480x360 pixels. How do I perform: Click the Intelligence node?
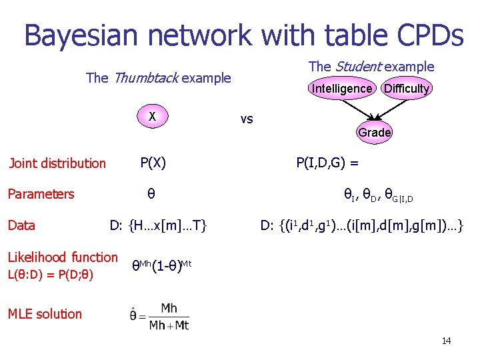tap(342, 88)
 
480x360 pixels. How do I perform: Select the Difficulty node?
tap(407, 88)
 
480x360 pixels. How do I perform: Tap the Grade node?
tap(374, 132)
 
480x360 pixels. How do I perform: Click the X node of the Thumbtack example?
tap(153, 117)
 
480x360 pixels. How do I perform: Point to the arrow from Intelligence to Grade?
tap(358, 109)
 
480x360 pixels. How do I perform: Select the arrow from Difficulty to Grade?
tap(392, 109)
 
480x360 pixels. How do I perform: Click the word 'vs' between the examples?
tap(247, 119)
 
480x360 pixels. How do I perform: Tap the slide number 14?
tap(446, 341)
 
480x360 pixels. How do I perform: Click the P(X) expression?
tap(153, 163)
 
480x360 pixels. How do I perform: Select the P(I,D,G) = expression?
tap(327, 163)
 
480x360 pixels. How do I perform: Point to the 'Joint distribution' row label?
tap(57, 163)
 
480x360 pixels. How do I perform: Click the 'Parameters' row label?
tap(41, 194)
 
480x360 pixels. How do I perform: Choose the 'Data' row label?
tap(21, 225)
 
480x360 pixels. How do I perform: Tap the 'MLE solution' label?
tap(45, 314)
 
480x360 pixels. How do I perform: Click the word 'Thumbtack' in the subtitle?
tap(145, 78)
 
